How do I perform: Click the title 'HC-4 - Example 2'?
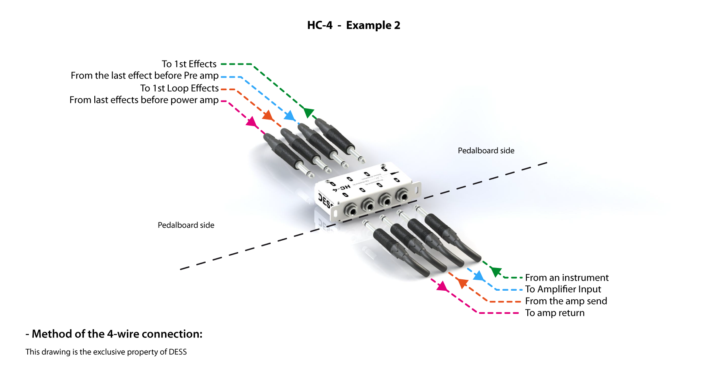click(x=354, y=25)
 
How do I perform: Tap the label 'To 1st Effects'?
click(x=189, y=64)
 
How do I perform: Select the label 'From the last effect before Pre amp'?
click(x=144, y=76)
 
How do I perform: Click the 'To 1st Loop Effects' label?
click(x=179, y=88)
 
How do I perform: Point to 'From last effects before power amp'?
click(x=144, y=100)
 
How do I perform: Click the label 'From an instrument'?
click(x=567, y=278)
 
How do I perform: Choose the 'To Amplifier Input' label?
click(x=563, y=289)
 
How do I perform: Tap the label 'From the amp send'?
click(x=566, y=301)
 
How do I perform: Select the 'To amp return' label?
click(x=555, y=313)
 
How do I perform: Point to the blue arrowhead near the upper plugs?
click(x=289, y=115)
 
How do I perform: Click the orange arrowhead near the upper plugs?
click(x=268, y=115)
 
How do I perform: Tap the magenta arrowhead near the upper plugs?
click(x=252, y=121)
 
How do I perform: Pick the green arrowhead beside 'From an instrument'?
click(x=496, y=271)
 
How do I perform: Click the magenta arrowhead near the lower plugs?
click(x=442, y=286)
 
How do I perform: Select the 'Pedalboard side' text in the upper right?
click(x=486, y=151)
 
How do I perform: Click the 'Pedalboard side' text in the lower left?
click(x=186, y=225)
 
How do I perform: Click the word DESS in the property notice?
click(x=178, y=352)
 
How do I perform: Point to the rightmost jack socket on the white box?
click(x=402, y=196)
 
